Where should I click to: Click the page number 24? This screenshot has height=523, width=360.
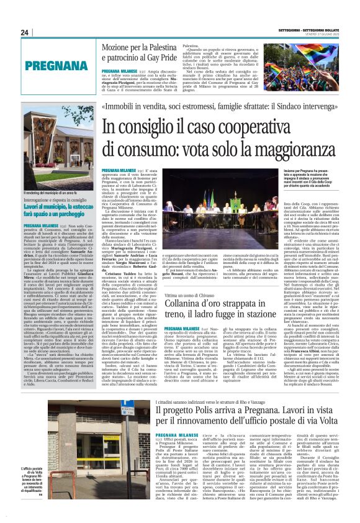click(x=24, y=33)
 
